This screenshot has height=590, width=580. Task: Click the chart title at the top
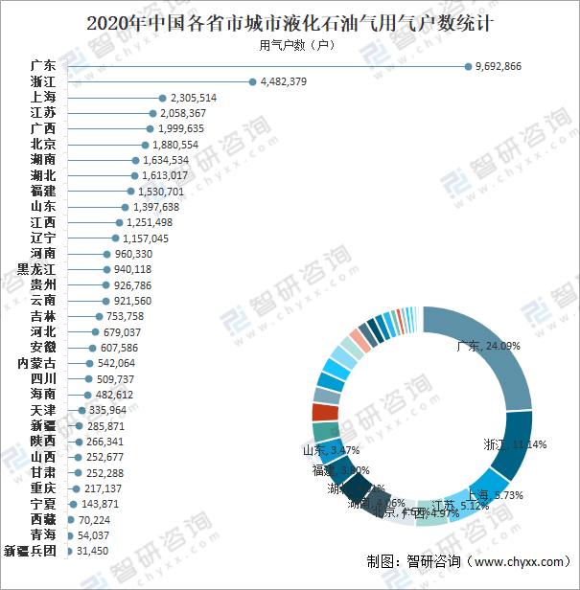click(290, 20)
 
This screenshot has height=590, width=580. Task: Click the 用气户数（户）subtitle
click(296, 44)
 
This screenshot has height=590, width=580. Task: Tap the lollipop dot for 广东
click(468, 66)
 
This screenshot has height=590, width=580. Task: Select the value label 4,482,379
click(283, 81)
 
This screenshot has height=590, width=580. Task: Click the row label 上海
click(43, 98)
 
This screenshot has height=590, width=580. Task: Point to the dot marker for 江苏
click(153, 113)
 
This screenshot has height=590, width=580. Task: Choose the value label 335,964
click(103, 410)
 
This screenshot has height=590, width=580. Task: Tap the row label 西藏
click(43, 519)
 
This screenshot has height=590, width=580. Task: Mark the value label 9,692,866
click(499, 66)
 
